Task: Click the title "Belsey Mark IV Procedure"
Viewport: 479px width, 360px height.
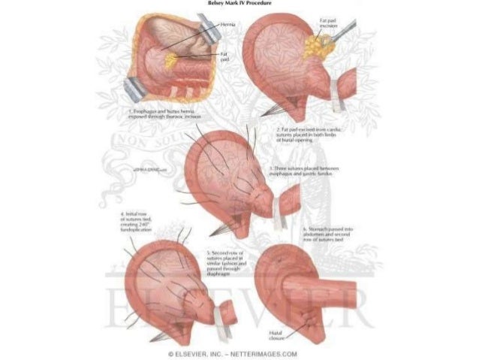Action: tap(239, 3)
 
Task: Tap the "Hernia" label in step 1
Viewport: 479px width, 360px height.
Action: tap(228, 24)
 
